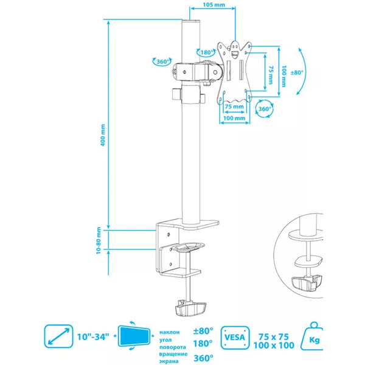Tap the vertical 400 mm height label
(103, 140)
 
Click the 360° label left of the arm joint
(161, 61)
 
